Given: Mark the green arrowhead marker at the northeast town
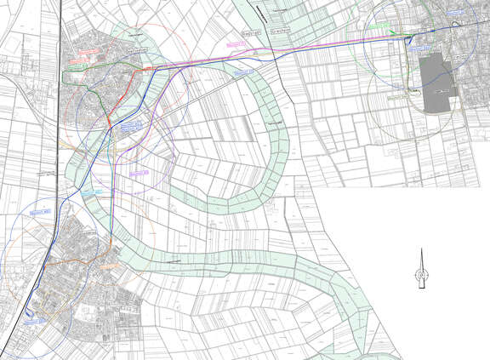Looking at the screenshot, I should tap(392, 32).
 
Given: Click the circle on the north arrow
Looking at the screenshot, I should tap(419, 274).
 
